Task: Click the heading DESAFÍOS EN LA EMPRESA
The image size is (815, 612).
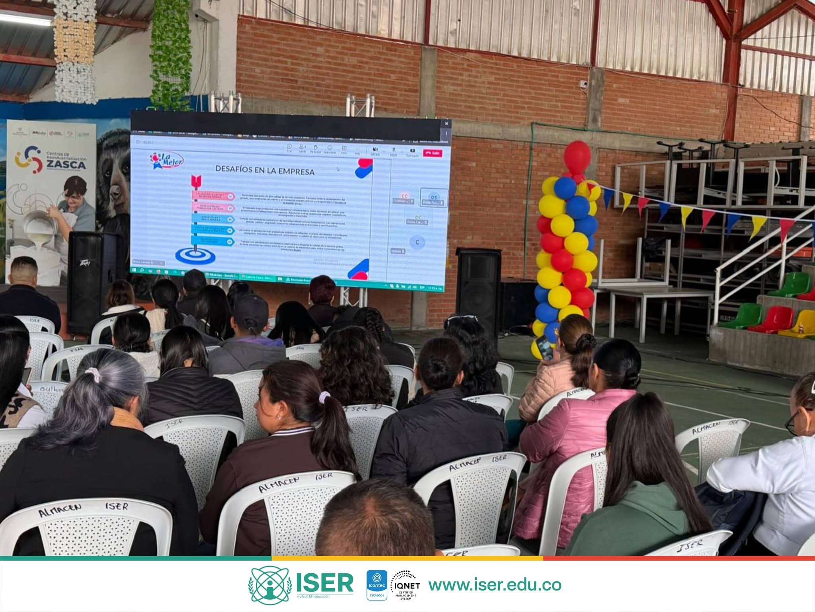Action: click(265, 169)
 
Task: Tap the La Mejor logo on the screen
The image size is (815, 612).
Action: click(167, 161)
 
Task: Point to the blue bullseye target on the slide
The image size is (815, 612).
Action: click(195, 255)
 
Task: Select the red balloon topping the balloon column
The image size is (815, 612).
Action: click(577, 157)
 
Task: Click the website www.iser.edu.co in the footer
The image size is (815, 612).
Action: click(495, 585)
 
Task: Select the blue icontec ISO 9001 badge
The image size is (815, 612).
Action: click(376, 585)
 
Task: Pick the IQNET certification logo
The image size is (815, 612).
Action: click(405, 585)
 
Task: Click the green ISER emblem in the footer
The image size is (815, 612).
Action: click(270, 585)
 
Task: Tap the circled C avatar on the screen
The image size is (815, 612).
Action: click(417, 242)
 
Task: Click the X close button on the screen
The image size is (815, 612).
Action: click(446, 124)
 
